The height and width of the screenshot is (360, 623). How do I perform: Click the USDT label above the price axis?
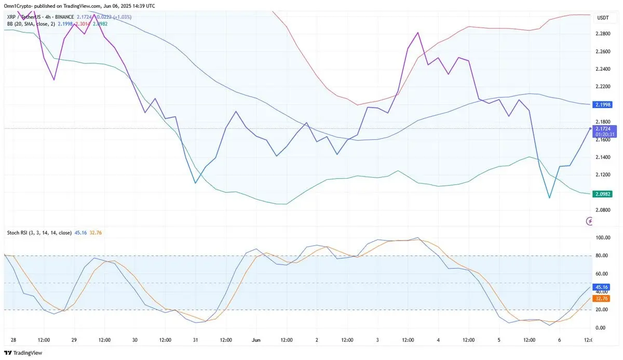603,18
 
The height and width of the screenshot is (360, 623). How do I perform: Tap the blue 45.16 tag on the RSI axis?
602,287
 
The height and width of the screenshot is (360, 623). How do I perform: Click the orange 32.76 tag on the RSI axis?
602,298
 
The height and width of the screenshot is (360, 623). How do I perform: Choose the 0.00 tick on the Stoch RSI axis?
601,328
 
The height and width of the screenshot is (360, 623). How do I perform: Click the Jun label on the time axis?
255,340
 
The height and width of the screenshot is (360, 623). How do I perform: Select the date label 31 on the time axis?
195,340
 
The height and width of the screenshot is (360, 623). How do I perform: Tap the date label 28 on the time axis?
13,340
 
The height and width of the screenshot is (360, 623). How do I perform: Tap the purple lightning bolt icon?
589,222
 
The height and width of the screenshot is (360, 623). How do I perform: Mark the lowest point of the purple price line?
549,198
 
